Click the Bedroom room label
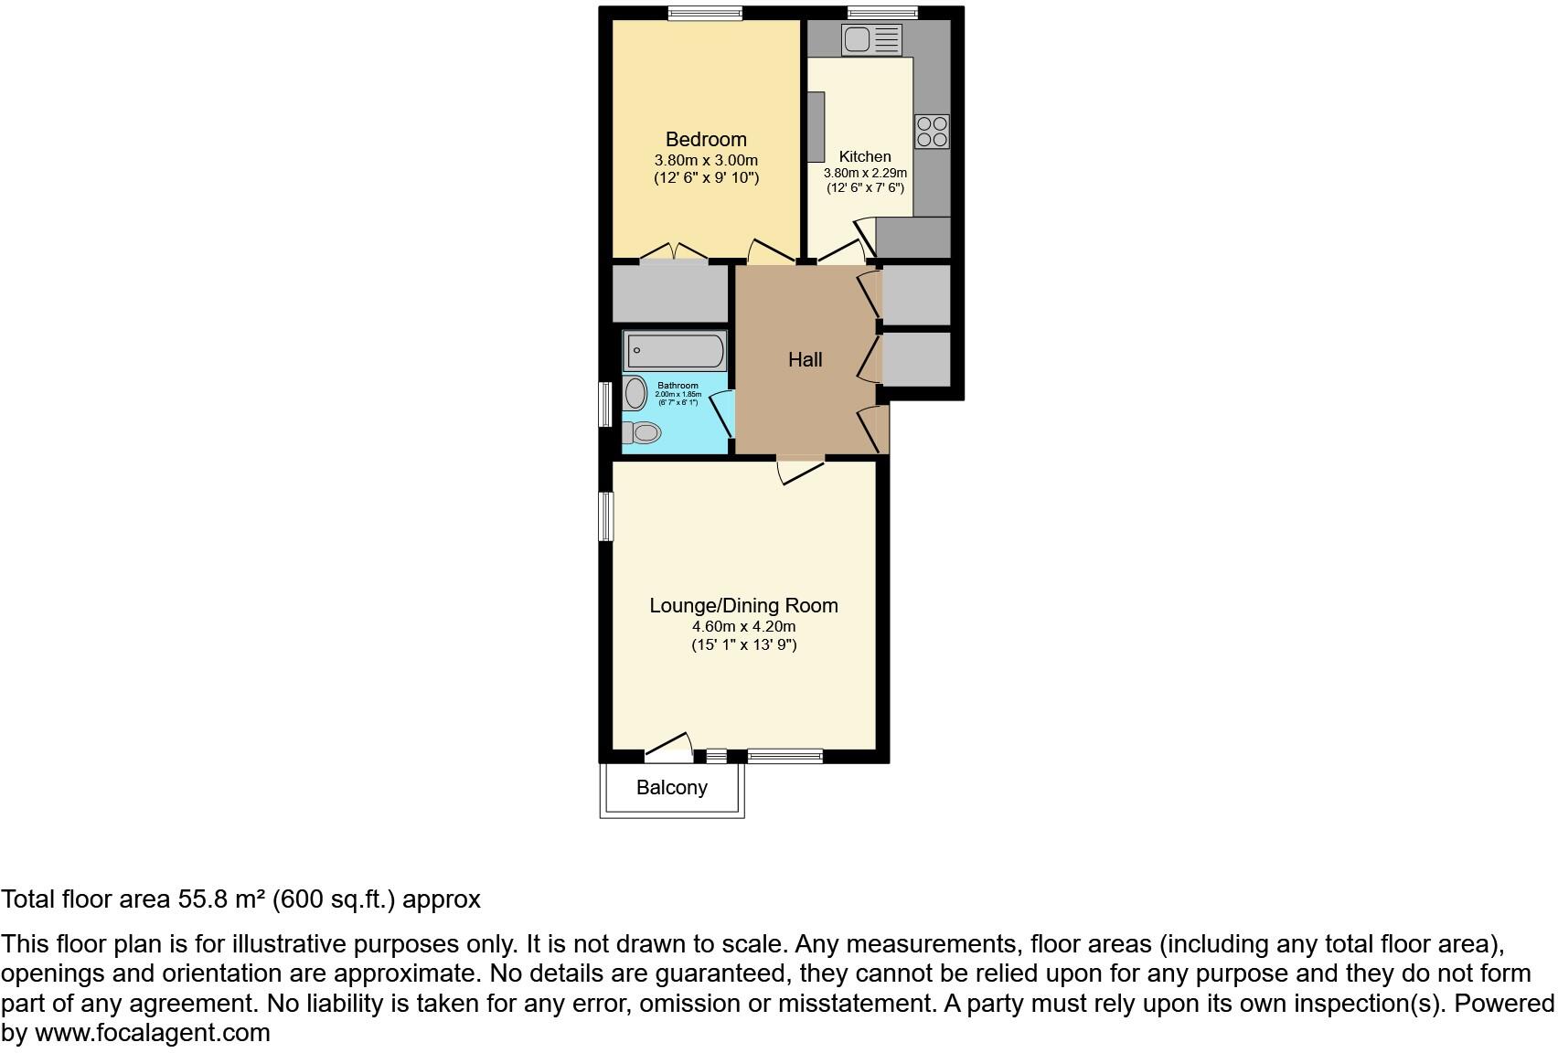tap(705, 139)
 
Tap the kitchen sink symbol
tap(871, 39)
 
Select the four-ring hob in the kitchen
tap(932, 132)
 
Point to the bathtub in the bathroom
tap(675, 351)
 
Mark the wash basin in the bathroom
tap(635, 394)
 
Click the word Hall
tap(805, 360)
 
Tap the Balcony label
tap(672, 787)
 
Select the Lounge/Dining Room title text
tap(743, 605)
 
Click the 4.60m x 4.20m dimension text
tap(743, 627)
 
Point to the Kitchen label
tap(864, 156)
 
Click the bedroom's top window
tap(704, 13)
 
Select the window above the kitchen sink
tap(882, 13)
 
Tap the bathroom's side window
tap(604, 404)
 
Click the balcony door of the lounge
tap(669, 747)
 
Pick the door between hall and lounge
tap(801, 469)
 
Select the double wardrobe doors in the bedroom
tap(674, 252)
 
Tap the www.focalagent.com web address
tap(152, 1033)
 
